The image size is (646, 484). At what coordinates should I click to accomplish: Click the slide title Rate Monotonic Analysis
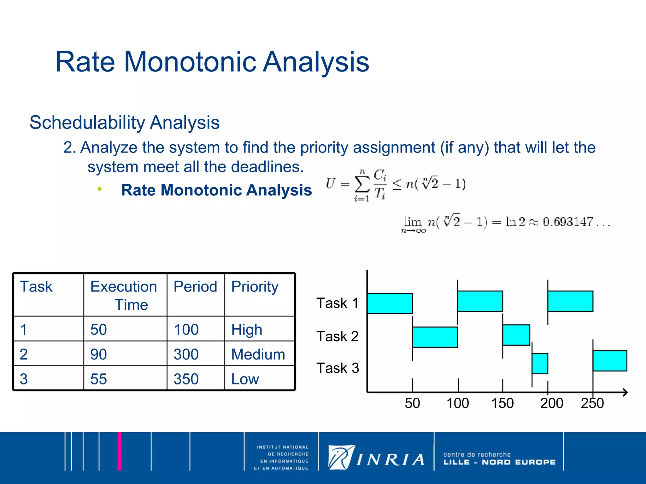pyautogui.click(x=212, y=62)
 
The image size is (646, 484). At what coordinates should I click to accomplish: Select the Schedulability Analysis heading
pyautogui.click(x=124, y=122)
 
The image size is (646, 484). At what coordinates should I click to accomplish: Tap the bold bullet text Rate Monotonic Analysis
pyautogui.click(x=216, y=190)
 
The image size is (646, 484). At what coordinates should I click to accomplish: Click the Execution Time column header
pyautogui.click(x=124, y=295)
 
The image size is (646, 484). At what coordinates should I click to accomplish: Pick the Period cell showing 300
pyautogui.click(x=186, y=354)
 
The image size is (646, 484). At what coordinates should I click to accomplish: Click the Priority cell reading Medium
pyautogui.click(x=258, y=354)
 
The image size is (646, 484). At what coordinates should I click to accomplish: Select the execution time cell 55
pyautogui.click(x=99, y=379)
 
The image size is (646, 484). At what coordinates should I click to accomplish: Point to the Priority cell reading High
pyautogui.click(x=247, y=330)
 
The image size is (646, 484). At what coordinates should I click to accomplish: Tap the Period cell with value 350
pyautogui.click(x=186, y=379)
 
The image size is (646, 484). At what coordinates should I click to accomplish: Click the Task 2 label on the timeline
pyautogui.click(x=337, y=336)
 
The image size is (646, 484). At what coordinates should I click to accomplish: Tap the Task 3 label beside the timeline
pyautogui.click(x=338, y=368)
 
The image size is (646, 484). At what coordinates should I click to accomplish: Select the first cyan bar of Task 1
pyautogui.click(x=390, y=303)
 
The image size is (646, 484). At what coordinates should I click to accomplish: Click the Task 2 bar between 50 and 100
pyautogui.click(x=435, y=337)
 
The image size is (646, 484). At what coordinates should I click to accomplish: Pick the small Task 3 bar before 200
pyautogui.click(x=540, y=364)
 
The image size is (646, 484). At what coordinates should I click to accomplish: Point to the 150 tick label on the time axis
pyautogui.click(x=502, y=403)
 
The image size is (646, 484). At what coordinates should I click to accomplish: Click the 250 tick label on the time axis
pyautogui.click(x=592, y=403)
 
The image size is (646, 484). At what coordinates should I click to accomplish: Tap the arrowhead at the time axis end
pyautogui.click(x=625, y=392)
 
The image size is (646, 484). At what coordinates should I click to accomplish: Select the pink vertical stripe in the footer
pyautogui.click(x=120, y=451)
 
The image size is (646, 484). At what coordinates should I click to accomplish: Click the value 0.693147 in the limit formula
pyautogui.click(x=568, y=222)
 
